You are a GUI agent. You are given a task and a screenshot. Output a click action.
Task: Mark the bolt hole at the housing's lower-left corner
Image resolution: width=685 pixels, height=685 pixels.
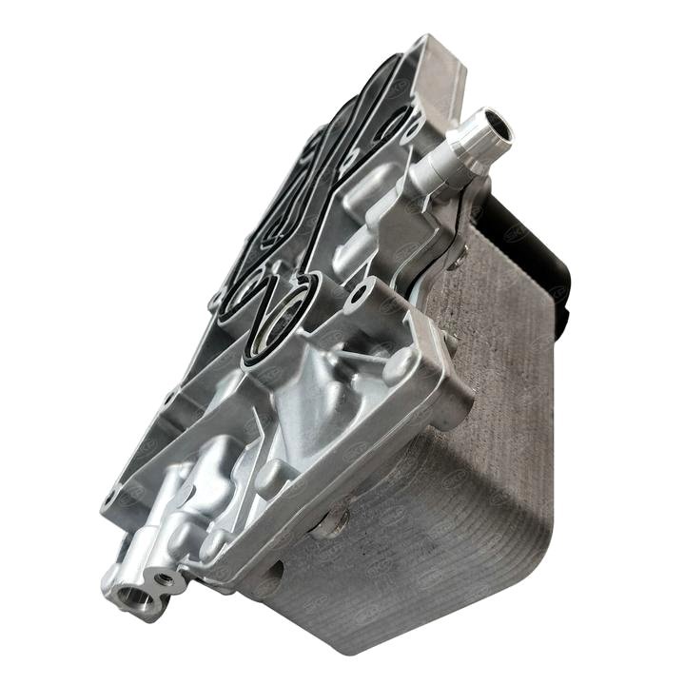113,496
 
